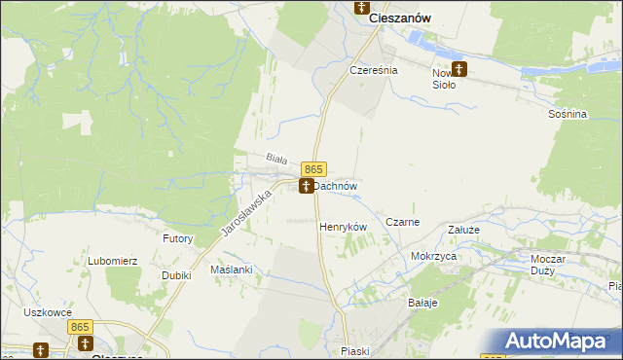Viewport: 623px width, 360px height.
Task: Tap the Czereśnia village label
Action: pos(375,71)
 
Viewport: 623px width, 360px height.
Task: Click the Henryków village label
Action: pos(343,226)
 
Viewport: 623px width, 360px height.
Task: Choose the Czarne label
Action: pos(402,222)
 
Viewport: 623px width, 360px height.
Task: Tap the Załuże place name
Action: pos(463,230)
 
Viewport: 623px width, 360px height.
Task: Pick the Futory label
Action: pos(178,238)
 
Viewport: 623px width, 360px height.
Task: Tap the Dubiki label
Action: pos(176,275)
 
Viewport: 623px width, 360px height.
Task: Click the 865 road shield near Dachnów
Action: pos(312,169)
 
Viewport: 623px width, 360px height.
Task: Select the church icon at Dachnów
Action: pos(307,185)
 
